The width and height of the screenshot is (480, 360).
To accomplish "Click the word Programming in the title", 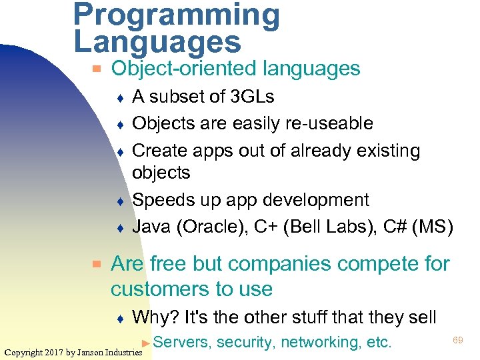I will (177, 15).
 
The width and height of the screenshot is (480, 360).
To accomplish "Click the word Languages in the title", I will (157, 41).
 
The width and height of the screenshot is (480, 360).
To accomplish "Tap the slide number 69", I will (458, 340).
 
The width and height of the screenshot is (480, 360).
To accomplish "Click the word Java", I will (151, 227).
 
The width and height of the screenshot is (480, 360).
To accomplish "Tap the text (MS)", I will (433, 227).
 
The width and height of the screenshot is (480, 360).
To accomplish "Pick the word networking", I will (319, 343).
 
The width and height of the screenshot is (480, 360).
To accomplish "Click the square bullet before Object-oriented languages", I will (97, 69).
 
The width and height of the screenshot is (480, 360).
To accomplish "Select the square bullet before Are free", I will (97, 264).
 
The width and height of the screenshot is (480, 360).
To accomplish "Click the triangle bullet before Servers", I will (146, 343).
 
